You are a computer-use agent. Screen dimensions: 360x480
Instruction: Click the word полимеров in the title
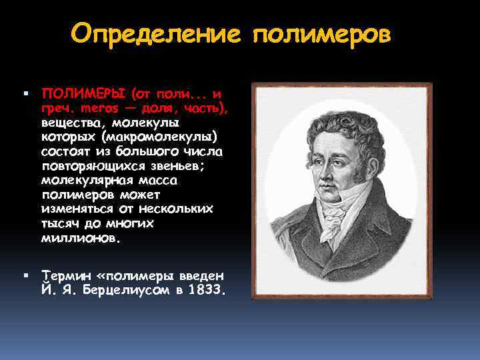coord(321,34)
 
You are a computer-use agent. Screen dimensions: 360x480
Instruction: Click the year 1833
coord(207,291)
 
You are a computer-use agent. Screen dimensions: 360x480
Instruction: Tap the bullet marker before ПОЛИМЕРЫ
coord(25,92)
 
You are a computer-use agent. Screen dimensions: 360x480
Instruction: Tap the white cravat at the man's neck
coord(333,217)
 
